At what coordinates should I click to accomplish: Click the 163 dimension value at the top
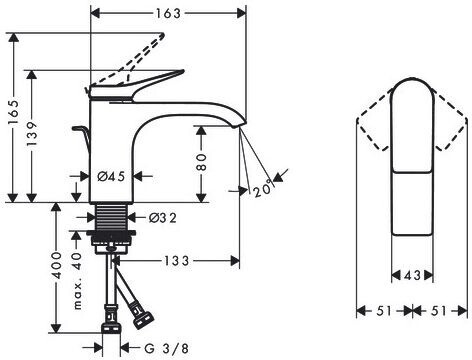(x=168, y=13)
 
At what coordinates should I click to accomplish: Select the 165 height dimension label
(x=14, y=112)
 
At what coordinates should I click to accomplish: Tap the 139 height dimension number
(x=32, y=134)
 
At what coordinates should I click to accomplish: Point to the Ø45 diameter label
(x=111, y=176)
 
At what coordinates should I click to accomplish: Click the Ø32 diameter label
(x=163, y=218)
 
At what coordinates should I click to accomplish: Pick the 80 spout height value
(x=201, y=162)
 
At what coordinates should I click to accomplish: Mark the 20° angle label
(x=263, y=190)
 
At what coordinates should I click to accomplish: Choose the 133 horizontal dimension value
(x=176, y=261)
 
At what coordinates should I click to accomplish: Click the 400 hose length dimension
(x=57, y=266)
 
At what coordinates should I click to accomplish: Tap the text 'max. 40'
(x=77, y=281)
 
